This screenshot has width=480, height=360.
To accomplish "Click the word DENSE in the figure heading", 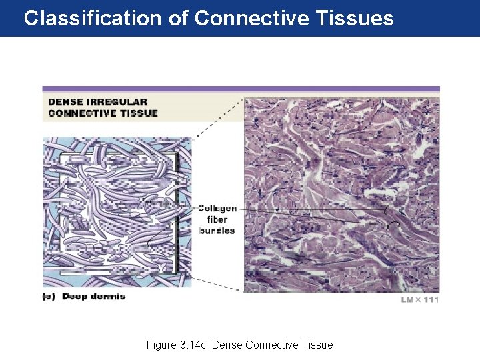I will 65,102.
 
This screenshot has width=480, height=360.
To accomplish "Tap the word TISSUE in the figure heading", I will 137,113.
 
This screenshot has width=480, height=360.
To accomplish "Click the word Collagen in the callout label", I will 217,209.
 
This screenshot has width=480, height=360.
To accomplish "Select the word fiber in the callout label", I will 217,219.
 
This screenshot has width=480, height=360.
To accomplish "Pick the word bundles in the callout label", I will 217,230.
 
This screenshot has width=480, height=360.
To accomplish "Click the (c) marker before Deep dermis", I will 51,297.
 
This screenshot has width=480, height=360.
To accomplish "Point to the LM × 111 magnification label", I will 419,300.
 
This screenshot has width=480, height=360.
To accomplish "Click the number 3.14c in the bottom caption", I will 193,345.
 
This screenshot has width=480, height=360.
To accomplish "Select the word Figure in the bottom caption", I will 161,345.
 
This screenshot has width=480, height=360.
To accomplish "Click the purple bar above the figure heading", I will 241,89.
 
